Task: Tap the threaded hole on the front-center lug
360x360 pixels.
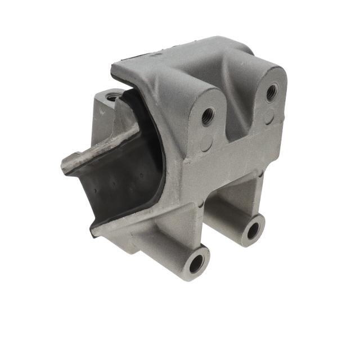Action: coord(208,116)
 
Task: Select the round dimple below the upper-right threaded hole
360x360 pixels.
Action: coord(269,117)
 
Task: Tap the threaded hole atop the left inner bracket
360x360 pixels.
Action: coord(113,97)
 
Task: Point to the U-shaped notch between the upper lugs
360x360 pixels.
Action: coord(239,121)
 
